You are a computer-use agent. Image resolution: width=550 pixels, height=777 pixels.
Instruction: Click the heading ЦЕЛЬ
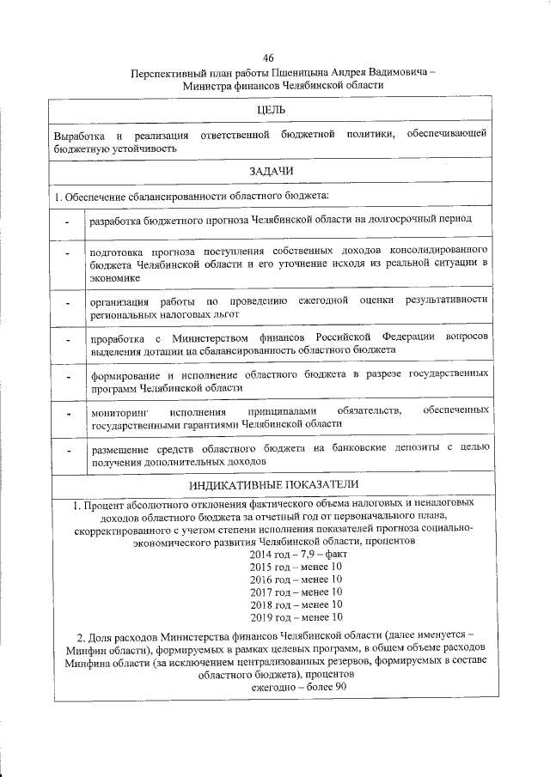tap(272, 109)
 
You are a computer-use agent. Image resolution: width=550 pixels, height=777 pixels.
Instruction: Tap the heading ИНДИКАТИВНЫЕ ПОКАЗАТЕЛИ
tap(272, 486)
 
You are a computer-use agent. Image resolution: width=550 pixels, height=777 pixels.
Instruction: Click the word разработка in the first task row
tap(119, 220)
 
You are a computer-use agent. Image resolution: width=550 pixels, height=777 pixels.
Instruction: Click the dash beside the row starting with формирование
tap(67, 380)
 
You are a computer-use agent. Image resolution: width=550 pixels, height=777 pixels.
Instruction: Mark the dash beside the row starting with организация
tap(67, 307)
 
